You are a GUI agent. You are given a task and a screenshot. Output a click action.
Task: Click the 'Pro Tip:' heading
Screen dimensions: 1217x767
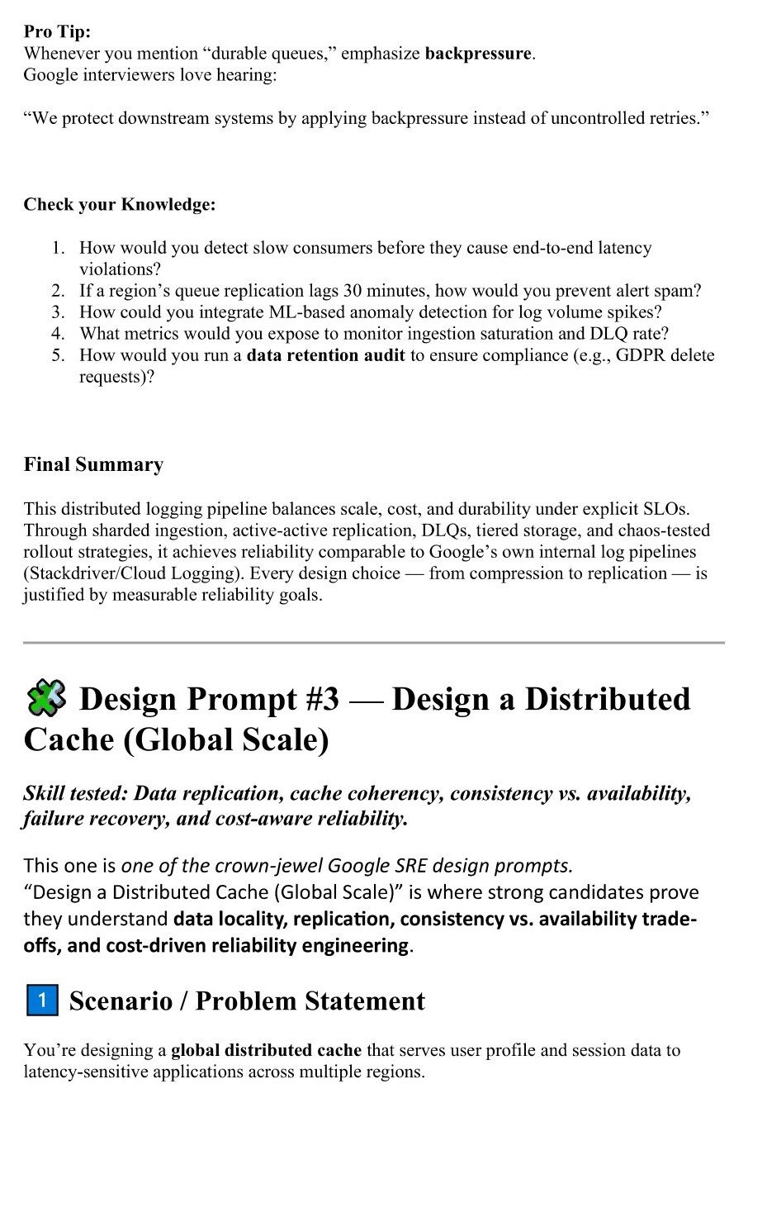(57, 31)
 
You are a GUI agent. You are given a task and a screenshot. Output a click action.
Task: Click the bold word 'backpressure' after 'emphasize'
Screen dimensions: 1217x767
(478, 54)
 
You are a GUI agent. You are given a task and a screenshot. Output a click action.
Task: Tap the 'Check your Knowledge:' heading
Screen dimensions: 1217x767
(120, 204)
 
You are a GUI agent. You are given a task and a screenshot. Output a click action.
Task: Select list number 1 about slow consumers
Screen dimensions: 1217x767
(58, 248)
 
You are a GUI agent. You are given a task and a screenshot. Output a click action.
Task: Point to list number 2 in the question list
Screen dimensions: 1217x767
(58, 291)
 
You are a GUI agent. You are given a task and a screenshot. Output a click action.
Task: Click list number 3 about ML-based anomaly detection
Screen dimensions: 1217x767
(58, 312)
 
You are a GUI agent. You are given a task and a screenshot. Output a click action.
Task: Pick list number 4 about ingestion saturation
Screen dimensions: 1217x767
(58, 334)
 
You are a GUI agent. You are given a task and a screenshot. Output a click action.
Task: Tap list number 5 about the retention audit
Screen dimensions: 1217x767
(58, 355)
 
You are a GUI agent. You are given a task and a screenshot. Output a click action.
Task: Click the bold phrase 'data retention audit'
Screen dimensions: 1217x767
(325, 355)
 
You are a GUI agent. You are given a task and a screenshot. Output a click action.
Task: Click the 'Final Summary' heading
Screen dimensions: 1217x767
(93, 464)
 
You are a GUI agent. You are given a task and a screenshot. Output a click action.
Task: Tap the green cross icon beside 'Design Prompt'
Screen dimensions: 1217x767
(46, 698)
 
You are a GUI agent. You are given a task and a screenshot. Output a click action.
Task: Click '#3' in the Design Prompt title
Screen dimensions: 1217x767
(322, 699)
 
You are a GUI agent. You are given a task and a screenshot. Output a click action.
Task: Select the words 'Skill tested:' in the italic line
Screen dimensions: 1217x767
(75, 793)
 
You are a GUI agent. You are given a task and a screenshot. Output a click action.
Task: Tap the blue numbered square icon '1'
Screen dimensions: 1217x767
(42, 1001)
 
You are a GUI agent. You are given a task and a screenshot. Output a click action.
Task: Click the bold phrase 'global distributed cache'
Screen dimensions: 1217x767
(266, 1050)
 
